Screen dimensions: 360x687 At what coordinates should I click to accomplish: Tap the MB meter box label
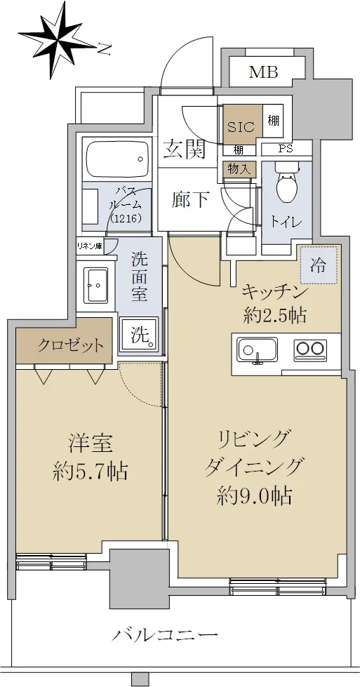pyautogui.click(x=264, y=72)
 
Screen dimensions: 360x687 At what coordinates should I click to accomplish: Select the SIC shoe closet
pyautogui.click(x=241, y=124)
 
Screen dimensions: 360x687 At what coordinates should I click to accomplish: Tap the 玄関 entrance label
pyautogui.click(x=185, y=150)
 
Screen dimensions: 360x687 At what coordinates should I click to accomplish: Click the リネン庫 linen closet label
pyautogui.click(x=89, y=246)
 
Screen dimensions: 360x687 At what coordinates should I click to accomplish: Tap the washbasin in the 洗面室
pyautogui.click(x=96, y=284)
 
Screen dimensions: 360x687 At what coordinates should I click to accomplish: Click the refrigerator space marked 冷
pyautogui.click(x=319, y=265)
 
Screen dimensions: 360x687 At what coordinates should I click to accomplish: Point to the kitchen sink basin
pyautogui.click(x=257, y=349)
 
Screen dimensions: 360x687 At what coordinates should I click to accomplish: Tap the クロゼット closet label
pyautogui.click(x=70, y=346)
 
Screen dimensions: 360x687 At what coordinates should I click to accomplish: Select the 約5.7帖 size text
pyautogui.click(x=91, y=472)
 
